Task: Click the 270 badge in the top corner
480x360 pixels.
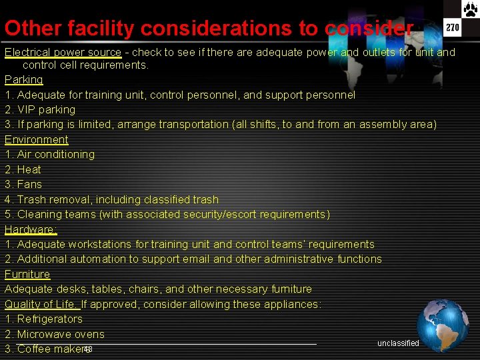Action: coord(453,27)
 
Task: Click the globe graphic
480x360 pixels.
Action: coord(443,325)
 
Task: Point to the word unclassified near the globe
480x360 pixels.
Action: coord(398,343)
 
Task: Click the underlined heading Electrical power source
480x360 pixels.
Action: coord(63,52)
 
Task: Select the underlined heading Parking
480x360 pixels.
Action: coord(24,79)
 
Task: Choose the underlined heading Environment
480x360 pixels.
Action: coord(37,139)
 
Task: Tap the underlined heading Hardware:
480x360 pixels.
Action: coord(31,229)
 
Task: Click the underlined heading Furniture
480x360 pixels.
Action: coord(27,274)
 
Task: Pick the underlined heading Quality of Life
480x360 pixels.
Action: coord(41,304)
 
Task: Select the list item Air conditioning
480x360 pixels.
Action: coord(55,154)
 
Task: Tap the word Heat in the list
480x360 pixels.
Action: coord(29,169)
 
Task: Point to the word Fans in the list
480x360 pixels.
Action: coord(29,184)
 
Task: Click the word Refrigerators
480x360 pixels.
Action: coord(49,319)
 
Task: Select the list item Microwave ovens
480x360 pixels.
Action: coord(61,334)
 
